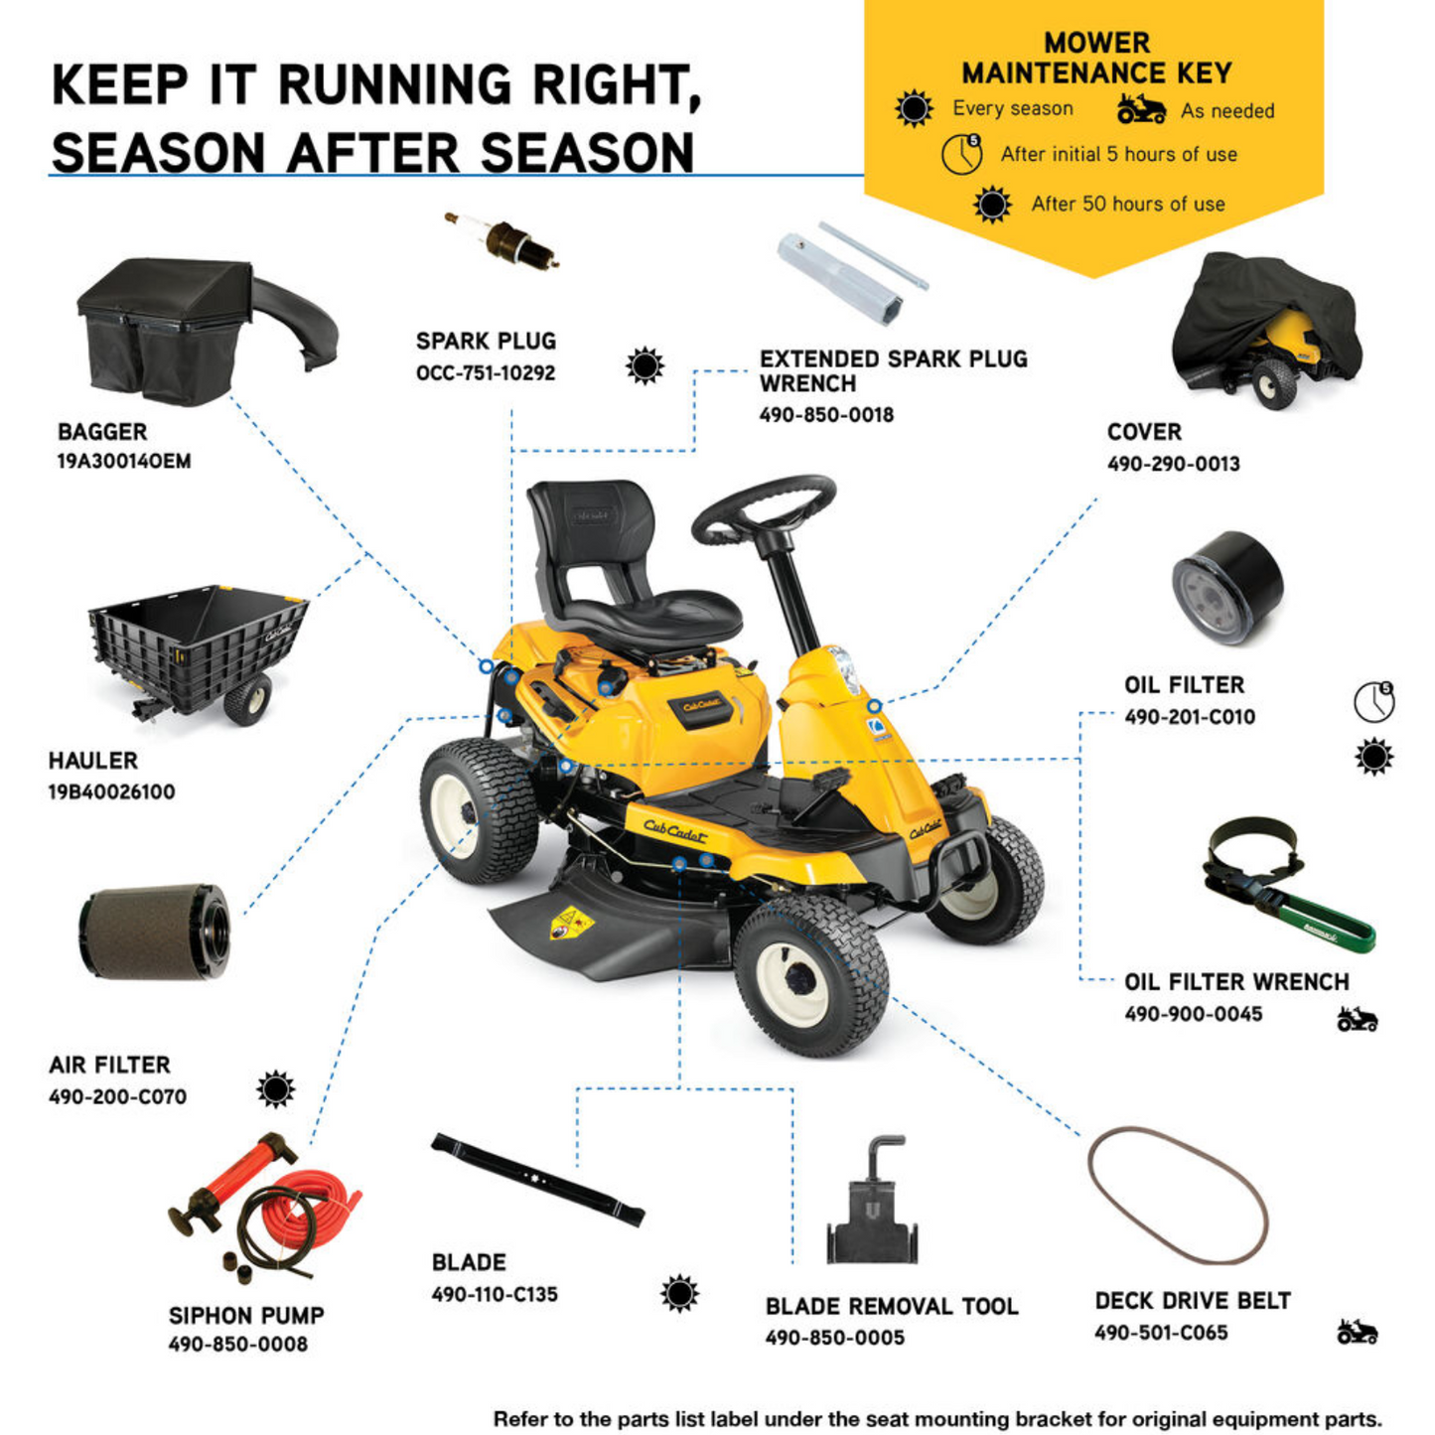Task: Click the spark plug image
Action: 502,240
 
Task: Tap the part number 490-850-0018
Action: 826,415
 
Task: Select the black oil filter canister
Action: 1226,588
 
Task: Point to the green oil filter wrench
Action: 1288,885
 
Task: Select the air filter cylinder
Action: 153,932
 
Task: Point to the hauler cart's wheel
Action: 247,698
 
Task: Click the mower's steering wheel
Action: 763,510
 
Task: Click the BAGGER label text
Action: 102,432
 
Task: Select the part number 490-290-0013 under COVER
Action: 1173,463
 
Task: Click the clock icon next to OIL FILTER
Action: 1373,701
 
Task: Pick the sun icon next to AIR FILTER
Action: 275,1088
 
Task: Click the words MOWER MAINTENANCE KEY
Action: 1096,58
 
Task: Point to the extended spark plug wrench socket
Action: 841,279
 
